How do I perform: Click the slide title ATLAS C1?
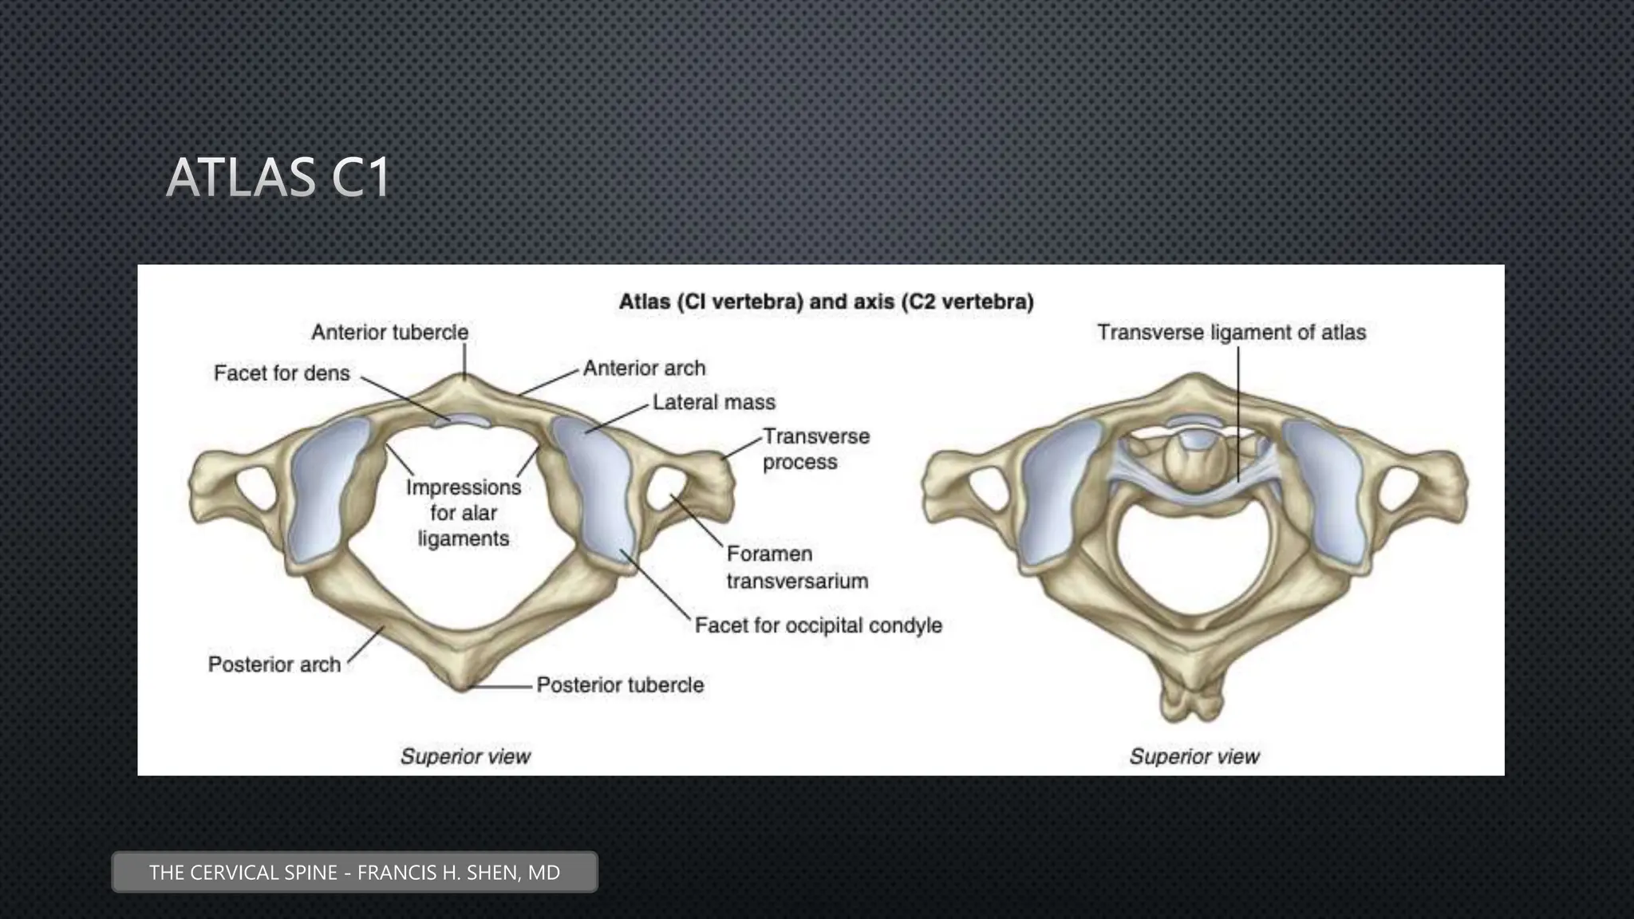tap(278, 177)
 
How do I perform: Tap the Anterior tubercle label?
tap(389, 332)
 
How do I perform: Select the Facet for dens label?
tap(282, 373)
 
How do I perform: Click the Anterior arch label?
tap(644, 369)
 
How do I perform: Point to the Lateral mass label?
tap(713, 402)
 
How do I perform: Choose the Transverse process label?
tap(815, 449)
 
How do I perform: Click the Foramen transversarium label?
tap(796, 567)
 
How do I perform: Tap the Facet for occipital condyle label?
tap(818, 625)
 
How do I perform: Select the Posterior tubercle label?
tap(620, 685)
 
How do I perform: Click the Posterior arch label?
tap(274, 665)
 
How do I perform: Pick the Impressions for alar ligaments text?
tap(463, 513)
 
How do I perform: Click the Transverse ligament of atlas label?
tap(1230, 333)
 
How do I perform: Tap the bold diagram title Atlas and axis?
tap(826, 302)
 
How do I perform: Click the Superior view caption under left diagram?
tap(465, 756)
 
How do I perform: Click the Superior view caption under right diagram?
tap(1194, 756)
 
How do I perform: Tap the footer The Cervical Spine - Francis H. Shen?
tap(354, 872)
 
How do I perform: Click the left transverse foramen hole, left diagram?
tap(254, 488)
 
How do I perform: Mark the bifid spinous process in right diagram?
tap(1193, 702)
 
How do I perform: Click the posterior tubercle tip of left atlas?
tap(462, 684)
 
